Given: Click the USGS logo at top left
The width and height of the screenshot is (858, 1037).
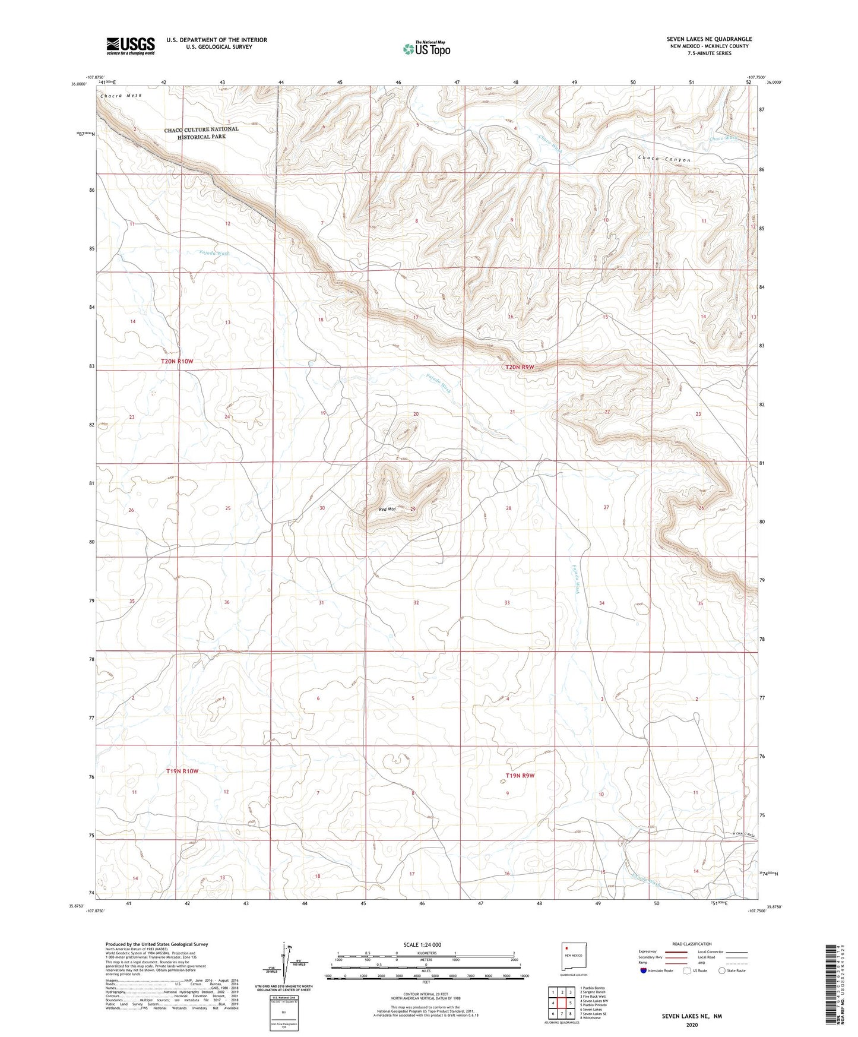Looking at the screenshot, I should [x=131, y=46].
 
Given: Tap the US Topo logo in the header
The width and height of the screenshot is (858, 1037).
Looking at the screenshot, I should [x=426, y=49].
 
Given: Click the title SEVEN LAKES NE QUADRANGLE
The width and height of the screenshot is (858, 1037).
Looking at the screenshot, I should [x=709, y=39].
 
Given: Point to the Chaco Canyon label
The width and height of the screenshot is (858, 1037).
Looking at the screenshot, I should [x=664, y=159].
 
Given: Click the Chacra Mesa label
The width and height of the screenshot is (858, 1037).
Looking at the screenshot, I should [x=121, y=96].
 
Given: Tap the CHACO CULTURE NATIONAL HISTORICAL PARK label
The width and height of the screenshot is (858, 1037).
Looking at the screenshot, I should [x=201, y=133].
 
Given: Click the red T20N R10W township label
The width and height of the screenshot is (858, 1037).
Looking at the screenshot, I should [x=178, y=361].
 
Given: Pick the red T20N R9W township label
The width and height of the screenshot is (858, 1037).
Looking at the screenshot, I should [x=520, y=367].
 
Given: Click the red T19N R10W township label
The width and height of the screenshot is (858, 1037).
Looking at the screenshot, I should [x=182, y=771].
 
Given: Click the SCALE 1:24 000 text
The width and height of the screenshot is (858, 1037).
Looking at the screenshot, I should [x=426, y=944].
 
